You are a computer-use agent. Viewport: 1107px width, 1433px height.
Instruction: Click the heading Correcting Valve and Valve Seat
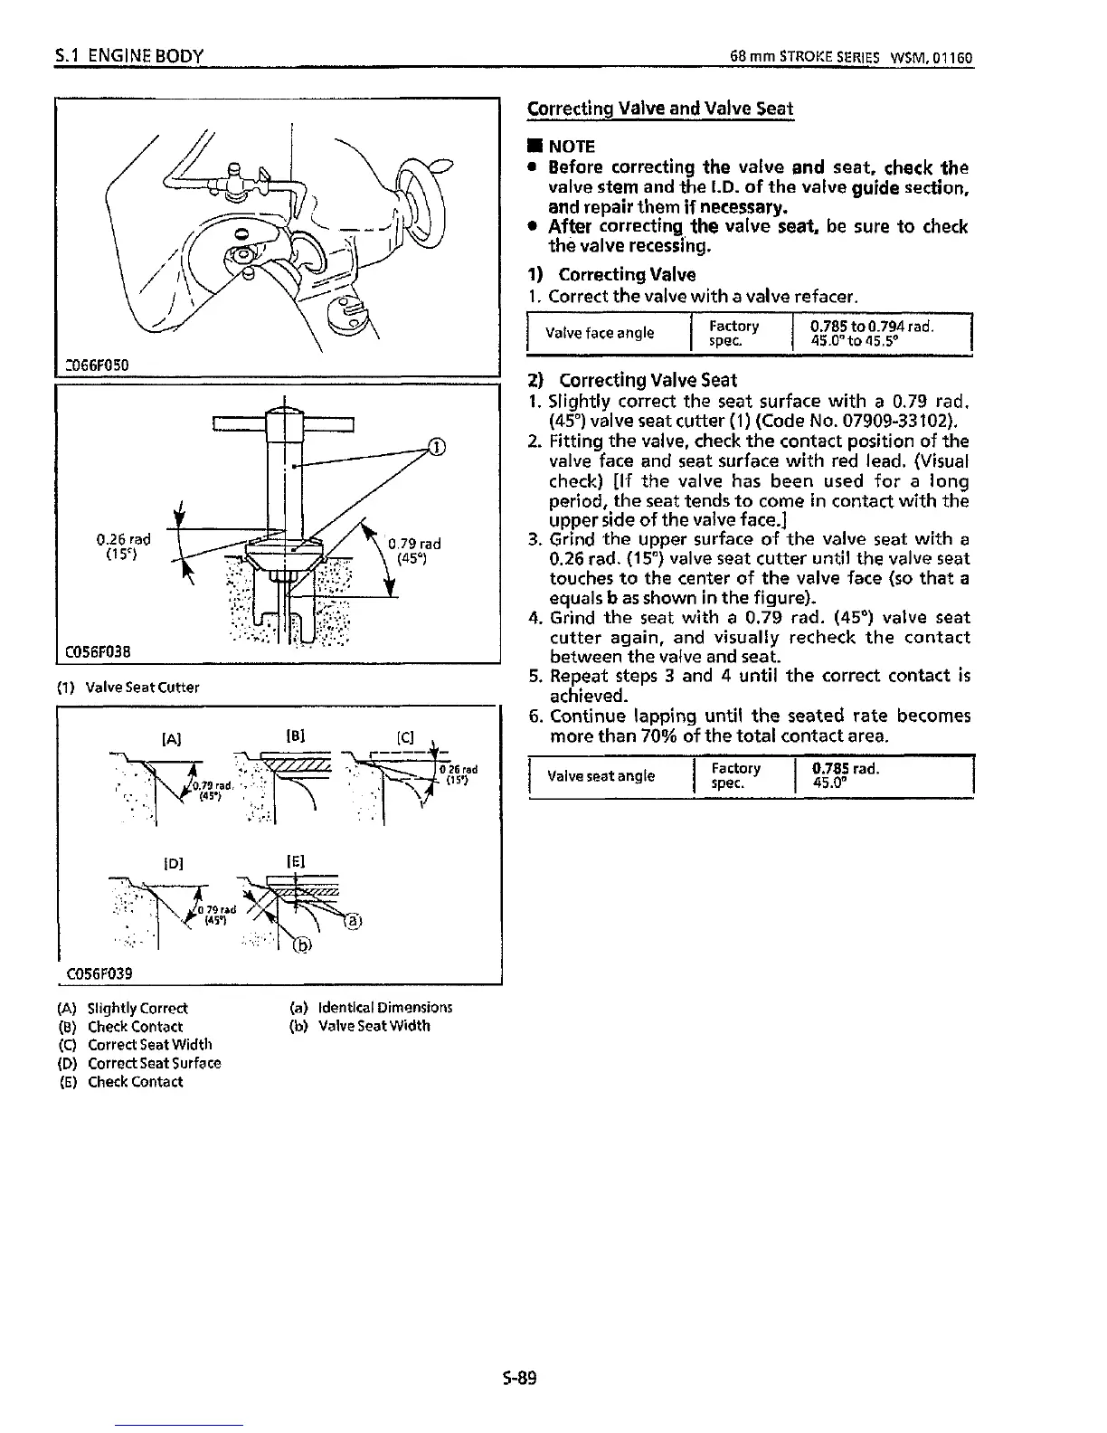(x=659, y=109)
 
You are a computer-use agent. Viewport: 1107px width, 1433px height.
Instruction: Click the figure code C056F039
(x=99, y=973)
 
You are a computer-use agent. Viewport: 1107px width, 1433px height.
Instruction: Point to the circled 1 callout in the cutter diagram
(x=436, y=445)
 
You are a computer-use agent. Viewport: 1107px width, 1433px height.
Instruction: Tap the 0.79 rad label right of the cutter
(x=414, y=544)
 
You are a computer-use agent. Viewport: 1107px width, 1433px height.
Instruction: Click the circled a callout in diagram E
(x=354, y=922)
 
